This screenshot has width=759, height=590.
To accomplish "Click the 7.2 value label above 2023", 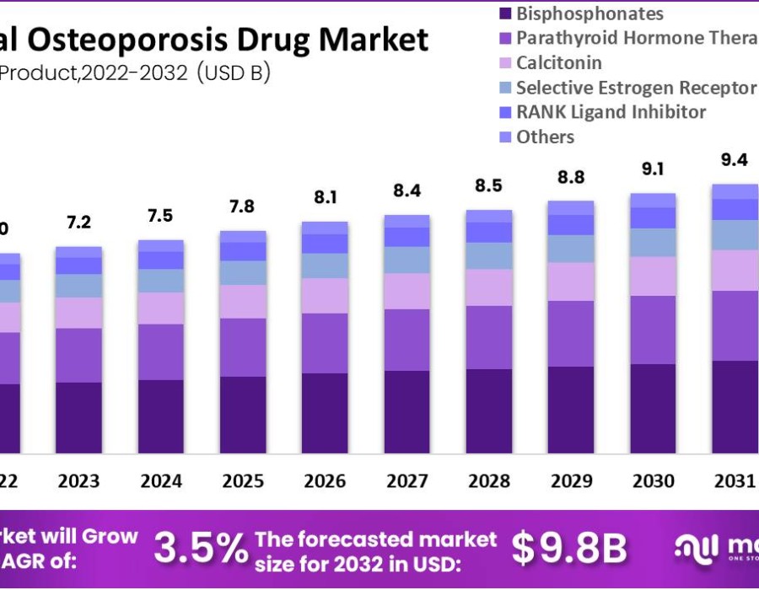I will point(78,223).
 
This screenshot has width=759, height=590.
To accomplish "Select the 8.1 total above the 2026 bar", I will point(325,197).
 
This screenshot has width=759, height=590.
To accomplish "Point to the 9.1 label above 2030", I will point(653,169).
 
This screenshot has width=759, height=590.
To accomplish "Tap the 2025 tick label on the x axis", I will point(243,481).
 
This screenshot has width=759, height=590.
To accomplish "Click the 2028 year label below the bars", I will point(489,481).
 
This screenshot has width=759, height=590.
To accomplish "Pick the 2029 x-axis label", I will point(571,481).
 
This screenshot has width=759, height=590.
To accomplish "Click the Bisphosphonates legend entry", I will point(589,13).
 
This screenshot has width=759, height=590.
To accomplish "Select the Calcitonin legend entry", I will point(558,62).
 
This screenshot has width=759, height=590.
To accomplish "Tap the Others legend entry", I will point(545,137).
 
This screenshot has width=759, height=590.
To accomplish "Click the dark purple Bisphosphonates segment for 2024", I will point(161,416).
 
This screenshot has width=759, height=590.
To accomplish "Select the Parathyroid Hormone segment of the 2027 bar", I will point(407,340).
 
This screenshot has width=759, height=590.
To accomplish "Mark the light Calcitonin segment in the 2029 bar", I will point(571,282).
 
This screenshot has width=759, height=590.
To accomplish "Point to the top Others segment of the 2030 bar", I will point(653,200).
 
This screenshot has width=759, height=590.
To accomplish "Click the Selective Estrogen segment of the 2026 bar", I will point(325,265).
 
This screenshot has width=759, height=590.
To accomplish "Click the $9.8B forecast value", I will point(570,549).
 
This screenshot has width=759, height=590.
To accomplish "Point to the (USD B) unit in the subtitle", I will point(234,73).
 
